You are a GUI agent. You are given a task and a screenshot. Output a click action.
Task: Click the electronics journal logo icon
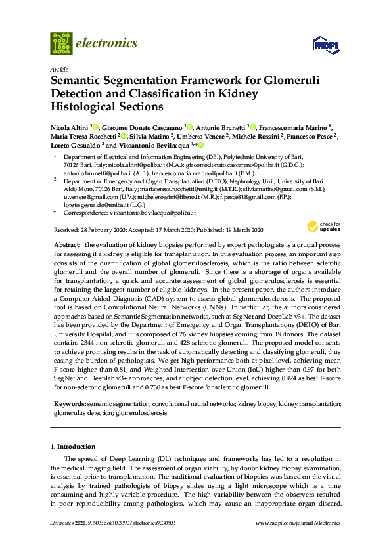61,43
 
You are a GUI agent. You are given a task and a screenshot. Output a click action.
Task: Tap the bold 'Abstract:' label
67,244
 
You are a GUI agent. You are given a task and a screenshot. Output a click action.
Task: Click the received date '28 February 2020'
98,229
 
